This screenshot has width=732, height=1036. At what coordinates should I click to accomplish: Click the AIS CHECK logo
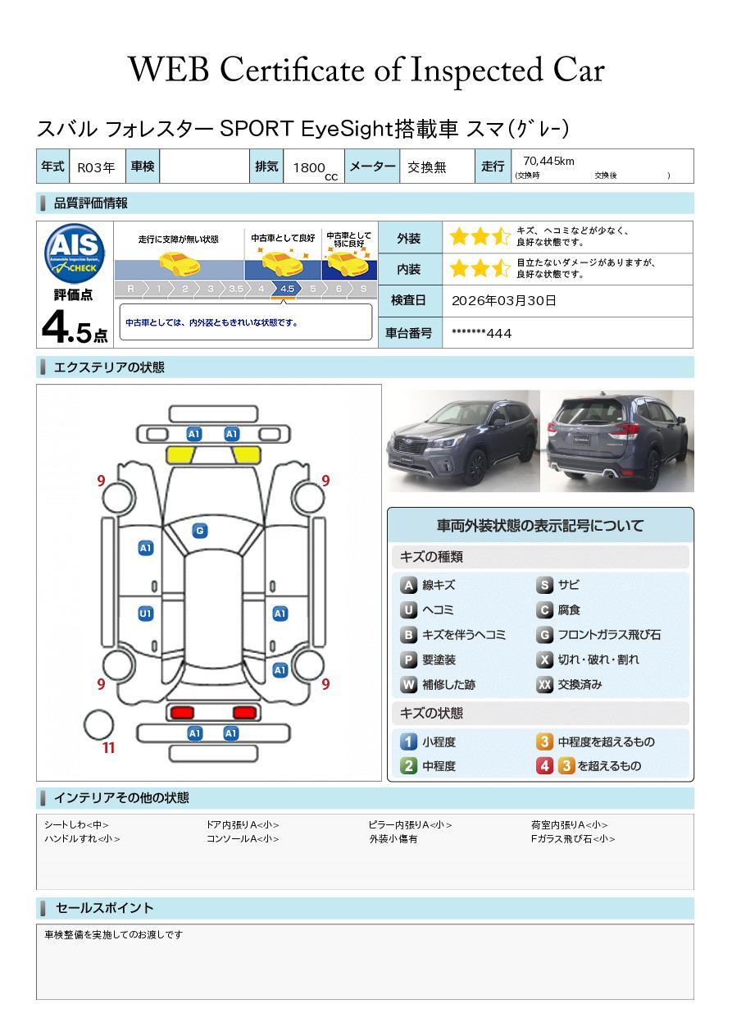75,253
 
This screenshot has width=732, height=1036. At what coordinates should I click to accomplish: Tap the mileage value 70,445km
548,161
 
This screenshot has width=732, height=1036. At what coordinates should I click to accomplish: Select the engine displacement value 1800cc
315,169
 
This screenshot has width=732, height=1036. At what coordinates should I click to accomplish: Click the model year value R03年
96,167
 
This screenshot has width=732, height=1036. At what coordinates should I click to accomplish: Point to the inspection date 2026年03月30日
504,300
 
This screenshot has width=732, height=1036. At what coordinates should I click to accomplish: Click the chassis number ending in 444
481,333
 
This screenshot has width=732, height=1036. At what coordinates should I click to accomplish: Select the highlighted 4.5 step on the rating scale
287,289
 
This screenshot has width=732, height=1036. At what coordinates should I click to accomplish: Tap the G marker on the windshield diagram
200,531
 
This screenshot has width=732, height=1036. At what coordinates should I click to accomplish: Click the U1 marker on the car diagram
146,614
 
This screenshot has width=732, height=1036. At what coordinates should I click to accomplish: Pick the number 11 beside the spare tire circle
108,748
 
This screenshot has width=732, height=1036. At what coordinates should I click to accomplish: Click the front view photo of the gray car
463,440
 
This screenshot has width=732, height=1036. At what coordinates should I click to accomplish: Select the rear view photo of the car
618,440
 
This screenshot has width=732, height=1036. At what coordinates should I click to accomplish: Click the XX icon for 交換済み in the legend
544,684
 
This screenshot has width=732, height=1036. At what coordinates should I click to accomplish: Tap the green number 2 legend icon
408,766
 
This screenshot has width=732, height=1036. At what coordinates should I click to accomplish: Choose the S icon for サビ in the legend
544,585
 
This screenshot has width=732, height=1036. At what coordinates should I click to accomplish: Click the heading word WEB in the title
169,70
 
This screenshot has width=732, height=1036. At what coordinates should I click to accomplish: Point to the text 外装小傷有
393,839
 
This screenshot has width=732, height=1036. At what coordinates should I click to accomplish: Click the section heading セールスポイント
104,908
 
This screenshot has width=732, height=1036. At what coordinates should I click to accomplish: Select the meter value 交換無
426,167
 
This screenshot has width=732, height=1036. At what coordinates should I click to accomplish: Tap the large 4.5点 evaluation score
75,327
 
